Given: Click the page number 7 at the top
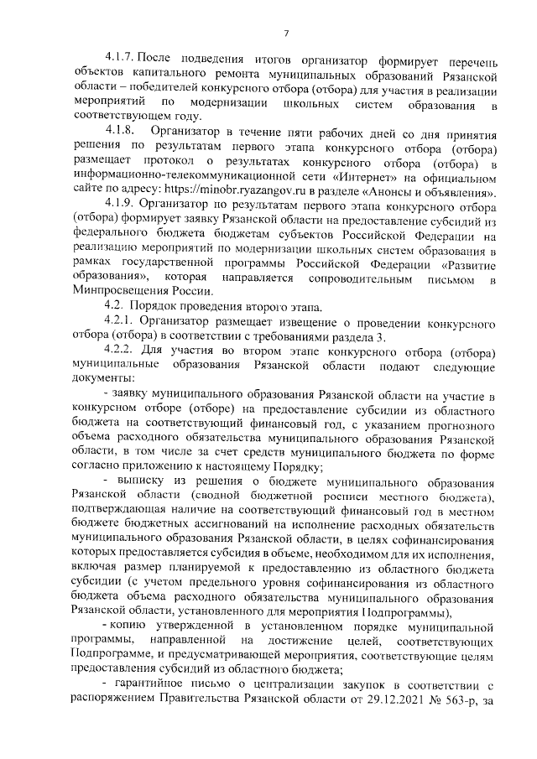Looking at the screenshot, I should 285,34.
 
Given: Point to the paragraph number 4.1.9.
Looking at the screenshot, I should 119,203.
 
